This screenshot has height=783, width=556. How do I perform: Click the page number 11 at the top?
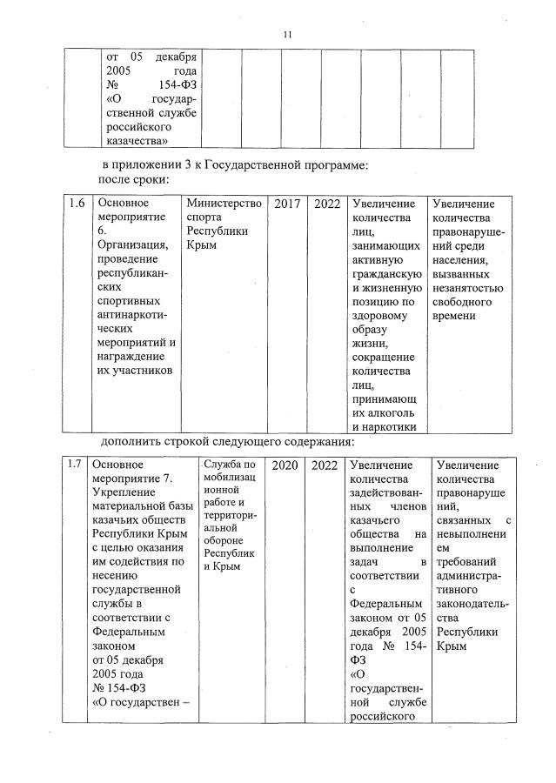[x=287, y=34]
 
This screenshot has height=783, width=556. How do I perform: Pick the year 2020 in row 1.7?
[x=285, y=465]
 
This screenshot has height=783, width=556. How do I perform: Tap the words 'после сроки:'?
[x=132, y=178]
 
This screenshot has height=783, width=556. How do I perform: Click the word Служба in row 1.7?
[x=222, y=463]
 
